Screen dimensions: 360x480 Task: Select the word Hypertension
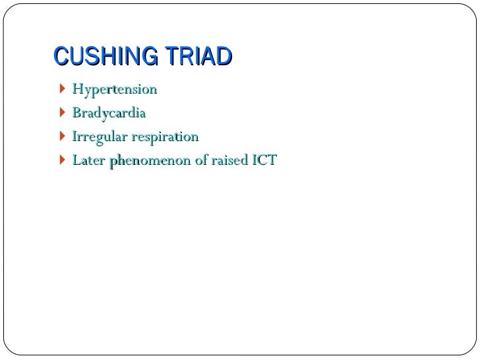click(x=115, y=89)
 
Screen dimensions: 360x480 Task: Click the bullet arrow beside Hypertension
click(x=62, y=89)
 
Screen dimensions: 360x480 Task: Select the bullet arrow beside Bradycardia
click(x=62, y=113)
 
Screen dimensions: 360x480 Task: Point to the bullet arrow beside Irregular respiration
click(x=62, y=137)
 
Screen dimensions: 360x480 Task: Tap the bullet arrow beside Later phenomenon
click(x=62, y=161)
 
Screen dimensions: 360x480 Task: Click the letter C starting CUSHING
click(x=59, y=57)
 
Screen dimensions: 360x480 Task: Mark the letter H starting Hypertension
click(x=77, y=89)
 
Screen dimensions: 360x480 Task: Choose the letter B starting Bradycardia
click(x=76, y=113)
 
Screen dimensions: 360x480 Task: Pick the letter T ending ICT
click(x=271, y=161)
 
